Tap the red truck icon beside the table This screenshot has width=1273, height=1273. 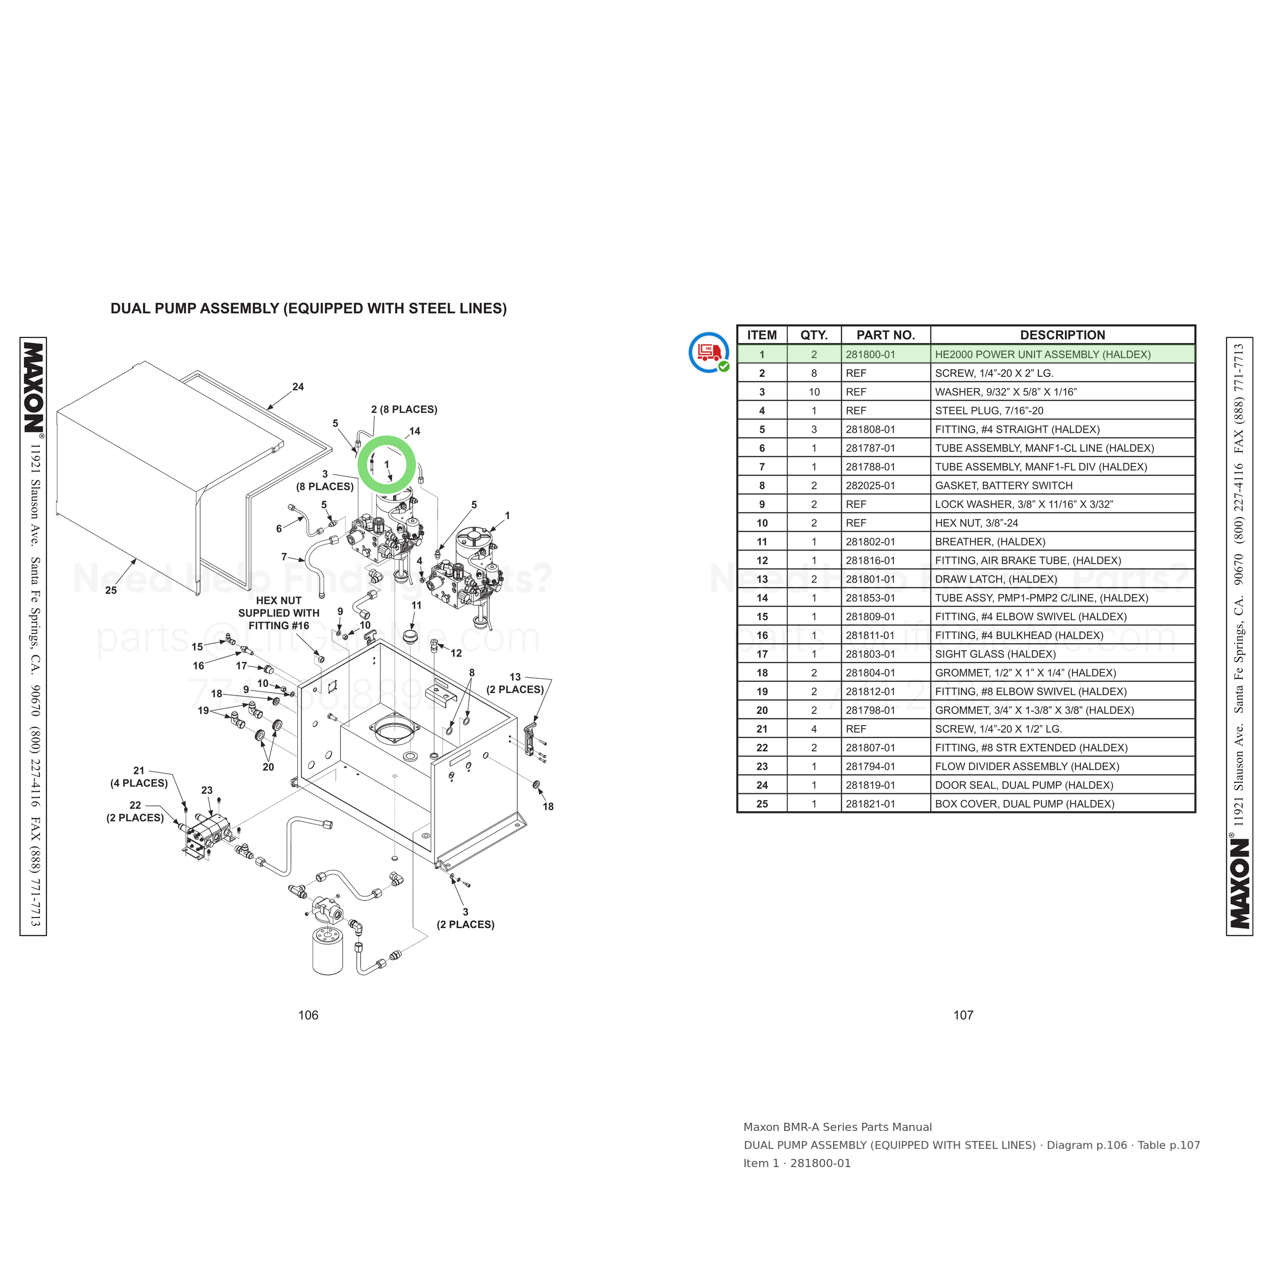tap(708, 352)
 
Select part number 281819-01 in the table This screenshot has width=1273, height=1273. tap(870, 785)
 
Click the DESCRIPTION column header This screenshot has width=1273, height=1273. tap(1062, 335)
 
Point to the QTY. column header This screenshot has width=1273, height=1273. tap(814, 335)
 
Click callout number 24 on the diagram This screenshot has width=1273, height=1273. tap(298, 387)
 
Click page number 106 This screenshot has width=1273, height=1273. tap(308, 1015)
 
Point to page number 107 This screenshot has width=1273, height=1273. tap(963, 1015)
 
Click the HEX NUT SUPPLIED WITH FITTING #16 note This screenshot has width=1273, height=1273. tap(279, 613)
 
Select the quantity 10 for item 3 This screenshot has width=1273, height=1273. tap(814, 392)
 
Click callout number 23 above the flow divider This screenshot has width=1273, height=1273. tap(207, 790)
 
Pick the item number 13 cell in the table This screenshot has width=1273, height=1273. tap(762, 579)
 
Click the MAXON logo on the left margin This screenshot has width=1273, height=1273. tap(33, 387)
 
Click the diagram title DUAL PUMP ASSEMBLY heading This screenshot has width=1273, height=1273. tap(309, 309)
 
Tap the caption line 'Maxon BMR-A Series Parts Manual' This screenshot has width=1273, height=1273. tap(838, 1127)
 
